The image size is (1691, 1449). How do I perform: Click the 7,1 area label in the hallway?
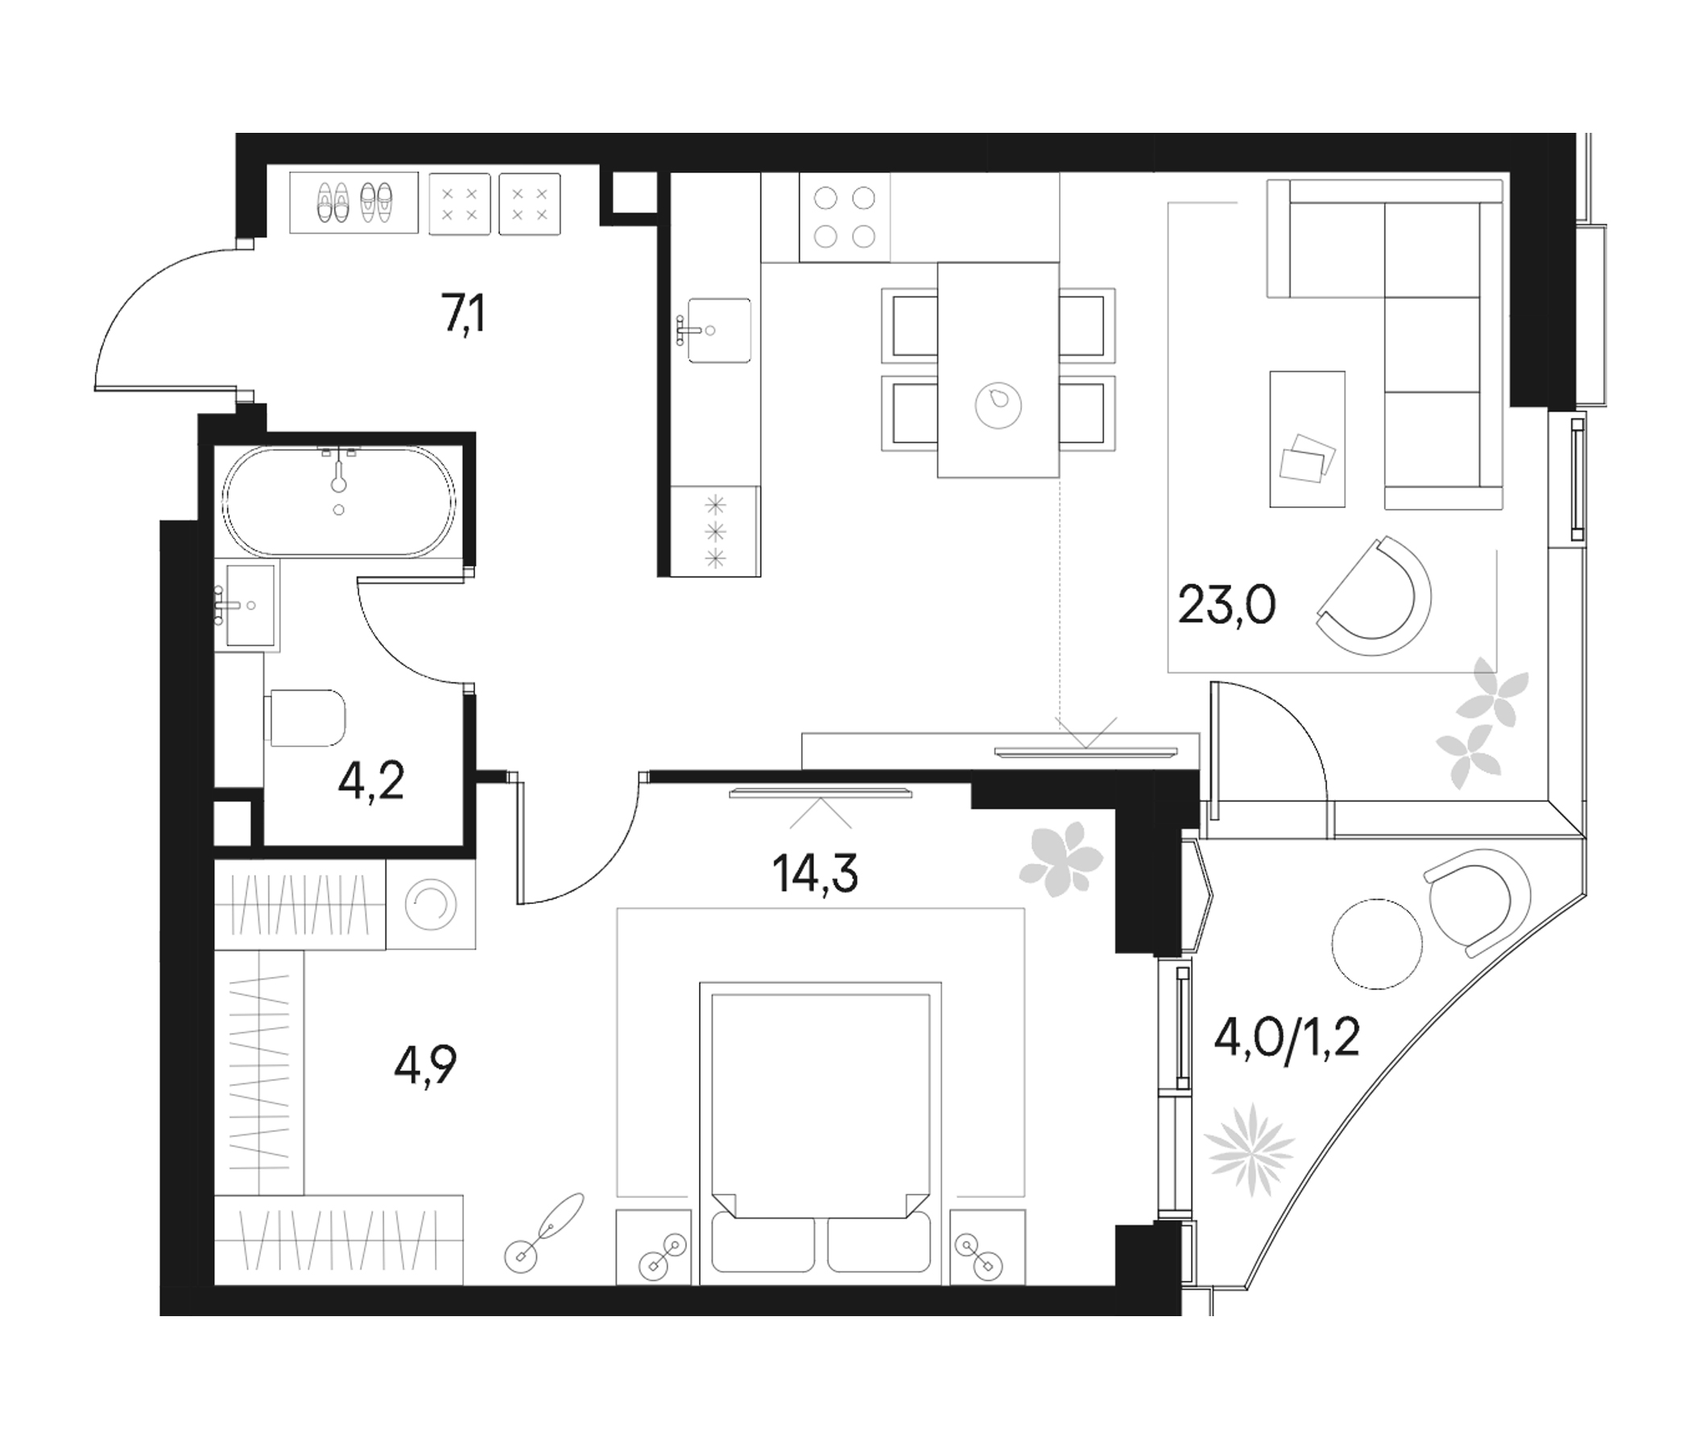click(464, 316)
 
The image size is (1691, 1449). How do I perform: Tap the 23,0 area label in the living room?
click(1226, 605)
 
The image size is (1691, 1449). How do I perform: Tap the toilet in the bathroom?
click(305, 717)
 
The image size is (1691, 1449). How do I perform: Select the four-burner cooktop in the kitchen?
click(844, 217)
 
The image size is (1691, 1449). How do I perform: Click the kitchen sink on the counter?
click(718, 329)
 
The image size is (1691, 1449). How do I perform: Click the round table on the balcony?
click(1377, 944)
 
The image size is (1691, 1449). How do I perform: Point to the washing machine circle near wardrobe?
click(430, 904)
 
